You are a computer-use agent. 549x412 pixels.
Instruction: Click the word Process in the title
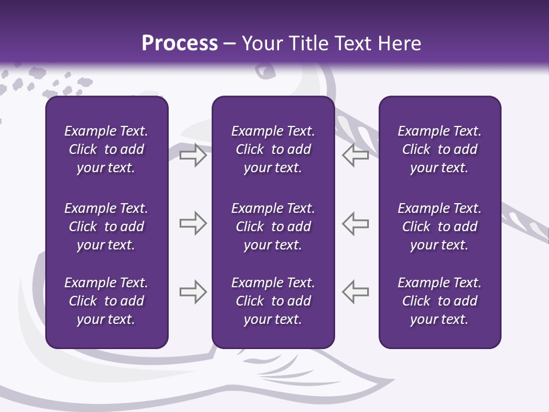pos(180,43)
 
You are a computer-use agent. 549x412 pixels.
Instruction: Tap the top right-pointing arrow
pos(193,155)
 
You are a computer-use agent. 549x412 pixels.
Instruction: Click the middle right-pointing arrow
pos(193,223)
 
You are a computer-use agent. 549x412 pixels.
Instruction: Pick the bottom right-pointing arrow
pos(193,292)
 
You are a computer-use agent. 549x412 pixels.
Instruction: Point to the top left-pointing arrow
pos(356,155)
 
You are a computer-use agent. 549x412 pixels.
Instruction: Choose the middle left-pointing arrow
pos(356,223)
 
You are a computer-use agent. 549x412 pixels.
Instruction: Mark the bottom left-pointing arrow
pos(356,292)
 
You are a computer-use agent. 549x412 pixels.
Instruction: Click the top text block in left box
pos(106,149)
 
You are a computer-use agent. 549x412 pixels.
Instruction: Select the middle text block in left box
pos(106,227)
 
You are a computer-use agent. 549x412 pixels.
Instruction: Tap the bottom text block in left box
pos(106,301)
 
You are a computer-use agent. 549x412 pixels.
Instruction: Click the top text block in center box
pos(273,149)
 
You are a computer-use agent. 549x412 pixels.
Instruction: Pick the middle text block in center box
pos(273,227)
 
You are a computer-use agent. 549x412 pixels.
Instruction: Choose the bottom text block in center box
pos(273,301)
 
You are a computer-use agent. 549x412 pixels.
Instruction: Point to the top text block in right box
pos(439,149)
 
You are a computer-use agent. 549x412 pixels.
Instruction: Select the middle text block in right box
pos(439,227)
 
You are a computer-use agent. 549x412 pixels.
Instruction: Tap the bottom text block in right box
pos(439,301)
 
